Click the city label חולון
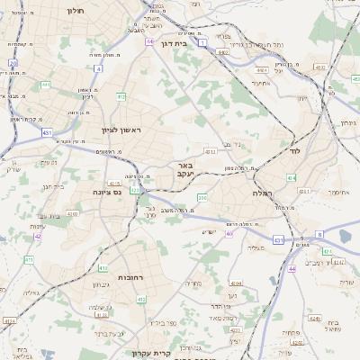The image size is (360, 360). click(x=74, y=11)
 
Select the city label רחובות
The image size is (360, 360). click(x=130, y=278)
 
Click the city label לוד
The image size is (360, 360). click(x=294, y=152)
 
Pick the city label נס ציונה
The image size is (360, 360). click(x=109, y=192)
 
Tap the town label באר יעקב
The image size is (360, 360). click(x=185, y=171)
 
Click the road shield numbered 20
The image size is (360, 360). click(x=13, y=63)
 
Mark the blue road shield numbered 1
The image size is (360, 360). click(x=203, y=42)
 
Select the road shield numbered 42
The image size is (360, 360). click(x=38, y=237)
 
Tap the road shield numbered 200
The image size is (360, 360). click(x=202, y=197)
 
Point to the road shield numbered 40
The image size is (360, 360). click(x=229, y=234)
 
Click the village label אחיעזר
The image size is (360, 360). click(x=261, y=84)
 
